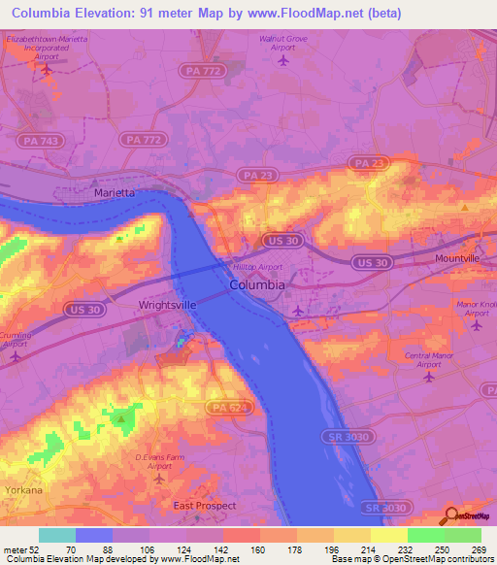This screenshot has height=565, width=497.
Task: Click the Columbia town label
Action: click(257, 285)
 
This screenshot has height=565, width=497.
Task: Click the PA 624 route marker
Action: click(222, 410)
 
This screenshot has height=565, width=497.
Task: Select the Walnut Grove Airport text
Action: click(283, 41)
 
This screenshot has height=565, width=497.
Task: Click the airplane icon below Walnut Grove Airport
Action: click(283, 60)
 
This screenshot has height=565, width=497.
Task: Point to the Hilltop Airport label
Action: click(257, 266)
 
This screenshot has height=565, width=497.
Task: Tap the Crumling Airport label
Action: click(16, 339)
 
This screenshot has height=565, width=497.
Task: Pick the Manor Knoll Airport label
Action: click(475, 309)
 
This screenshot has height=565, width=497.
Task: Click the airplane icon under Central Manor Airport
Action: click(429, 377)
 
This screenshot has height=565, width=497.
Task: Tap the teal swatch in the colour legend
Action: click(57, 535)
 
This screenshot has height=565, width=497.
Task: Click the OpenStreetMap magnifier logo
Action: click(451, 515)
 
